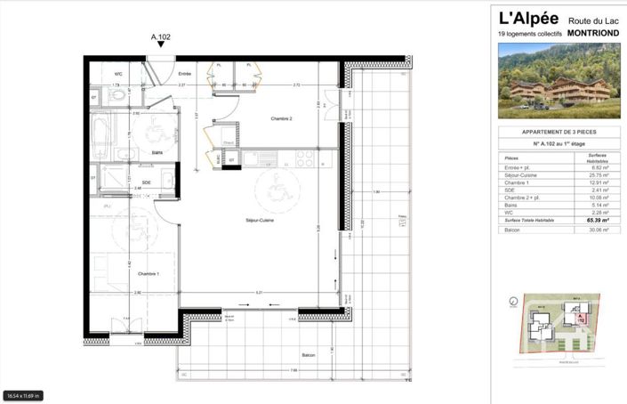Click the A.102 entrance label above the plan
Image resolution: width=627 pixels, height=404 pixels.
pyautogui.click(x=161, y=37)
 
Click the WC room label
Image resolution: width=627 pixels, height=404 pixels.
pyautogui.click(x=118, y=74)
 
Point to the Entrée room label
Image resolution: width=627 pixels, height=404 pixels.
pyautogui.click(x=184, y=74)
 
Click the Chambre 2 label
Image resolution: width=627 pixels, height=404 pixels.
pyautogui.click(x=282, y=117)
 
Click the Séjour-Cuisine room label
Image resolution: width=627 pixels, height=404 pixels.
pyautogui.click(x=260, y=220)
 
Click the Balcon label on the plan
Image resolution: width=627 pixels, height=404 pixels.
pyautogui.click(x=308, y=356)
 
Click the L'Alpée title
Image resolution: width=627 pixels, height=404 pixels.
pyautogui.click(x=529, y=17)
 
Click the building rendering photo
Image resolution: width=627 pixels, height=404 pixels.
pyautogui.click(x=559, y=81)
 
